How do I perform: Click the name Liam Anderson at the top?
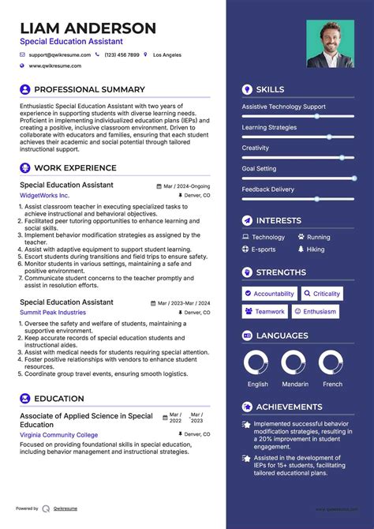point(88,28)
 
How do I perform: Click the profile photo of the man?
point(330,44)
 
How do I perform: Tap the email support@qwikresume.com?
point(60,55)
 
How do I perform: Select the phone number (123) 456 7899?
point(122,55)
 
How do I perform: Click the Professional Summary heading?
point(89,90)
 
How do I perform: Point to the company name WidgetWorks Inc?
point(45,195)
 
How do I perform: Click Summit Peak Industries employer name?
point(54,313)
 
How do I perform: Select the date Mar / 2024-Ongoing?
point(187,186)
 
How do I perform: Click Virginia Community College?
point(59,435)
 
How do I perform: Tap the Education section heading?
point(59,400)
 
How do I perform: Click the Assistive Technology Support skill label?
point(283,107)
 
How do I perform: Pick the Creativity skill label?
point(256,148)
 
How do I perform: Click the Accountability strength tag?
point(269,294)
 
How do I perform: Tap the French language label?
point(333,385)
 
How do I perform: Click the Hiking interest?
point(316,249)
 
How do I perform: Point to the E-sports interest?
point(264,249)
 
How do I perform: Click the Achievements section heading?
point(289,407)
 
